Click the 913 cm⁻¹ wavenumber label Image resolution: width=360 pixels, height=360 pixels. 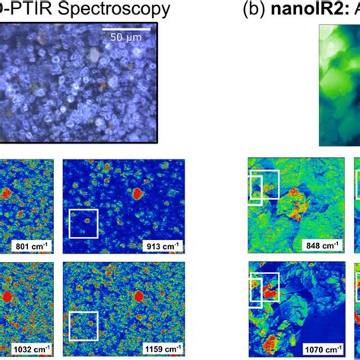(x=159, y=246)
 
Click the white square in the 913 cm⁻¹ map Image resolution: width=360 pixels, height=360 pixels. (x=84, y=223)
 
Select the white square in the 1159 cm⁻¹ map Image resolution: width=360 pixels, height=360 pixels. (x=84, y=324)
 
